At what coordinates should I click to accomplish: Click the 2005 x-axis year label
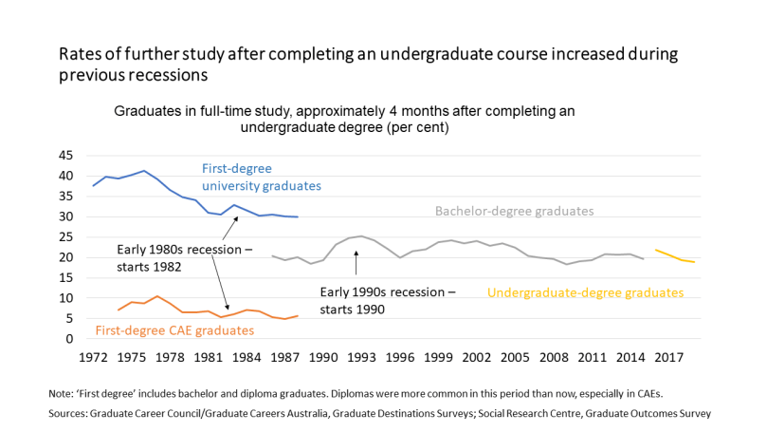[514, 358]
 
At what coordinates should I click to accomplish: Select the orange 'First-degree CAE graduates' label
[175, 330]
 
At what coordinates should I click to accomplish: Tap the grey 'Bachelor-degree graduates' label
[514, 211]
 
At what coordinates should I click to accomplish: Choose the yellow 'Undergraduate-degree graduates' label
[585, 292]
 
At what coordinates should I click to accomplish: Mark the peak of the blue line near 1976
[144, 171]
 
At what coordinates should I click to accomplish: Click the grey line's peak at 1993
[361, 236]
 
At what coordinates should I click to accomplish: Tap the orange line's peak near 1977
[157, 296]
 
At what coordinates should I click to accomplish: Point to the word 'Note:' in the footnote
[61, 392]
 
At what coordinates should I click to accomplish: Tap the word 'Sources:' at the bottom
[69, 414]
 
